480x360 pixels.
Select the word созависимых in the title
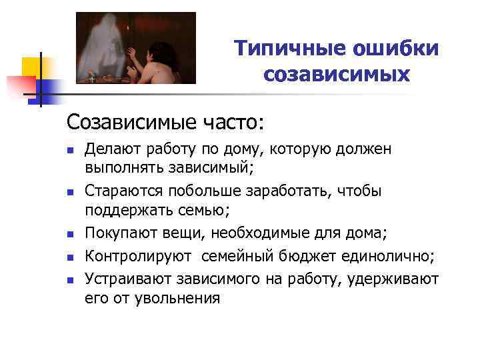tap(337, 75)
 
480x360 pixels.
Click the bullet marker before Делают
tap(70, 151)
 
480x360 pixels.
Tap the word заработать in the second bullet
tap(273, 191)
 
